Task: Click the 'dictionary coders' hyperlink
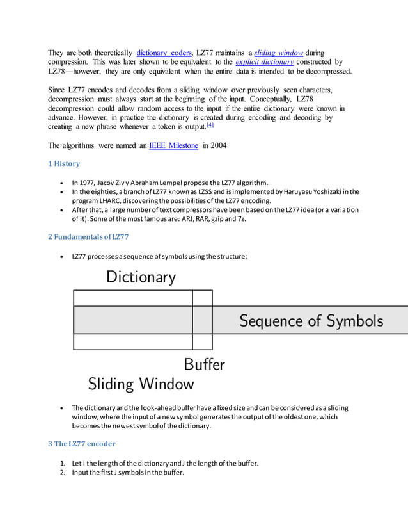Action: point(164,52)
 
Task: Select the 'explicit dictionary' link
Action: point(264,62)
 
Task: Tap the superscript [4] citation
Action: point(210,125)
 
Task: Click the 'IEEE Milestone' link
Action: point(173,145)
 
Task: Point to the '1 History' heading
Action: point(64,164)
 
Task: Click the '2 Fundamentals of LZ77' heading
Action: point(88,237)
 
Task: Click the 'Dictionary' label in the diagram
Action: point(141,277)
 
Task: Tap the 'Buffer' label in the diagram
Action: point(204,364)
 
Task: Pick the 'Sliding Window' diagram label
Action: point(141,384)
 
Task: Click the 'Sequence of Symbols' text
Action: point(311,320)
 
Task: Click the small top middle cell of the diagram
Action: point(203,298)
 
